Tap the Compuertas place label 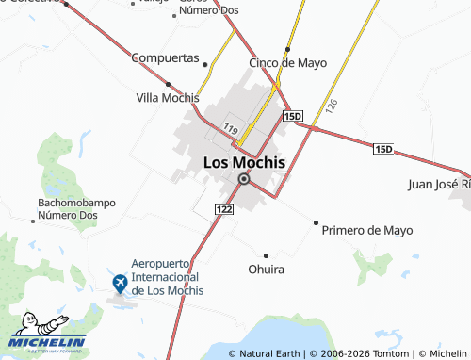coord(165,57)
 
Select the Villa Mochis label coord(168,98)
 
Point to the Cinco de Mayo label coord(287,63)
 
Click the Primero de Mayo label coord(367,230)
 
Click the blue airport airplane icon coord(120,282)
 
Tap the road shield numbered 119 coord(231,127)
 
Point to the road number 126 coord(331,106)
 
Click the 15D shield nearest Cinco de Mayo coord(292,116)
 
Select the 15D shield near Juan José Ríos coord(382,149)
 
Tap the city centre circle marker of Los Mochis coord(244,179)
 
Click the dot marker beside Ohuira coord(266,255)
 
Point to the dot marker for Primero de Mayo coord(316,222)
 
